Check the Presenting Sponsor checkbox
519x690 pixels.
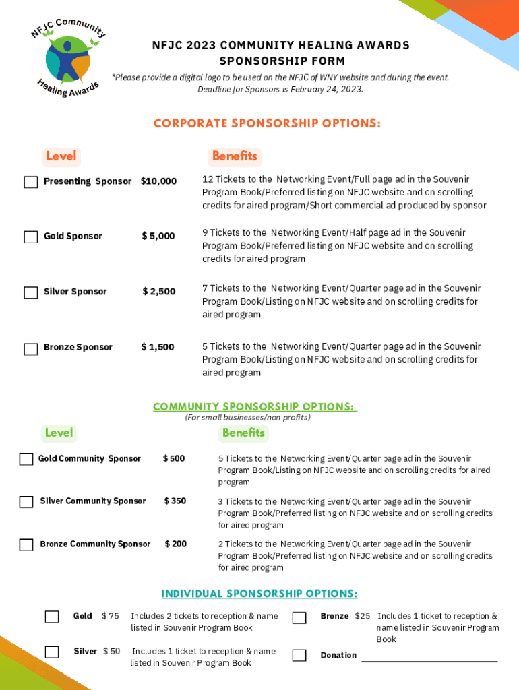pyautogui.click(x=30, y=182)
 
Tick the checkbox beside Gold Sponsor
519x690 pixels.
pyautogui.click(x=30, y=237)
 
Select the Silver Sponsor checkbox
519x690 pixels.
pyautogui.click(x=30, y=292)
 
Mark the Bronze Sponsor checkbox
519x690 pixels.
pyautogui.click(x=30, y=349)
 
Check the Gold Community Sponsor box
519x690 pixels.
pyautogui.click(x=26, y=460)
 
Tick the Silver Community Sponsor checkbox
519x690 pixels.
pyautogui.click(x=26, y=502)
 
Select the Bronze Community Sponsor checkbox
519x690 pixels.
pyautogui.click(x=26, y=545)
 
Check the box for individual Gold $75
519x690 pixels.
pyautogui.click(x=52, y=617)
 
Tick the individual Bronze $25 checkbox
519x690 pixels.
pyautogui.click(x=299, y=618)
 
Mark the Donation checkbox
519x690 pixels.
pyautogui.click(x=299, y=655)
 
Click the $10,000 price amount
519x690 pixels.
pyautogui.click(x=158, y=181)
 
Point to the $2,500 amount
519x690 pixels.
pyautogui.click(x=158, y=292)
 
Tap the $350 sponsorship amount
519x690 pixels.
pyautogui.click(x=175, y=501)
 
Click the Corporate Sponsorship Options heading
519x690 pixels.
pyautogui.click(x=267, y=124)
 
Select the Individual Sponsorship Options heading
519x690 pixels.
pyautogui.click(x=259, y=594)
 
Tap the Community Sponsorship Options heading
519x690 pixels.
pyautogui.click(x=254, y=407)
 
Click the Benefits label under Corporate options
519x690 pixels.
pyautogui.click(x=235, y=156)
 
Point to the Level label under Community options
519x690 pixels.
pyautogui.click(x=59, y=433)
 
